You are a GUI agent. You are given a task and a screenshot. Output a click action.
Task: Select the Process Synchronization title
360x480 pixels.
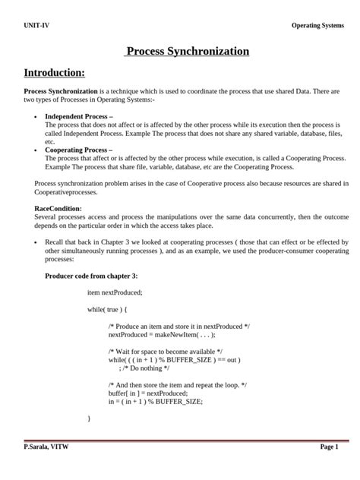pyautogui.click(x=187, y=52)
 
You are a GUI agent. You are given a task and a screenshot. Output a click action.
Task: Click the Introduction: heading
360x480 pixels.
pyautogui.click(x=55, y=73)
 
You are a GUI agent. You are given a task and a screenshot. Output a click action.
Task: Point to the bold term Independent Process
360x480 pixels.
pyautogui.click(x=79, y=116)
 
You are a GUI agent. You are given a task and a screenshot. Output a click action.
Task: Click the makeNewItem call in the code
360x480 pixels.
pyautogui.click(x=189, y=334)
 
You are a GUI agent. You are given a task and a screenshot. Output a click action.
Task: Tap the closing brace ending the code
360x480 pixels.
pyautogui.click(x=89, y=418)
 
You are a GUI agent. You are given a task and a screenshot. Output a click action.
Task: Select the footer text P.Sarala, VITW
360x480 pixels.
pyautogui.click(x=46, y=447)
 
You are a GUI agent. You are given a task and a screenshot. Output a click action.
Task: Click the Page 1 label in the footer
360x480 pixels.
pyautogui.click(x=329, y=447)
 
